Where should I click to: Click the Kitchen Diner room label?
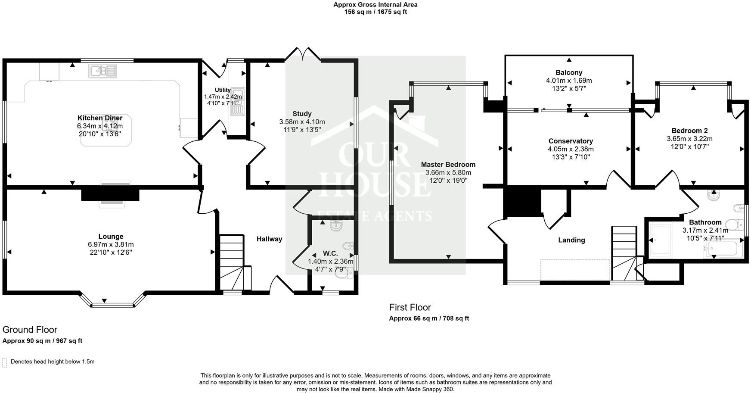point(100,118)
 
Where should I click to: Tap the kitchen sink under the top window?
point(102,71)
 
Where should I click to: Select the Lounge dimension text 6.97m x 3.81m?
point(111,244)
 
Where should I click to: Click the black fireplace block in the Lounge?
point(110,194)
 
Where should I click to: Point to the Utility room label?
point(223,90)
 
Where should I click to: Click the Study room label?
point(302,114)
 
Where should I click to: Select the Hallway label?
point(269,239)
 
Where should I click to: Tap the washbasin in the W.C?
point(336,225)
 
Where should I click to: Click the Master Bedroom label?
point(448,164)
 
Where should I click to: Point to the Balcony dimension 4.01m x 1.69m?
point(569,81)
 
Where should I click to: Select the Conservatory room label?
point(571,141)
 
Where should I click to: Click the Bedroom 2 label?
point(689,131)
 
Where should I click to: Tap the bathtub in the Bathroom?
point(723,249)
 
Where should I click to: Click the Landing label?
point(571,240)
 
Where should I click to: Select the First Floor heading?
point(410,307)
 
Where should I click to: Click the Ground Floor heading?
point(30,330)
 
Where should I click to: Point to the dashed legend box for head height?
point(5,362)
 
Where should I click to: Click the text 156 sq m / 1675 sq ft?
point(375,12)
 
